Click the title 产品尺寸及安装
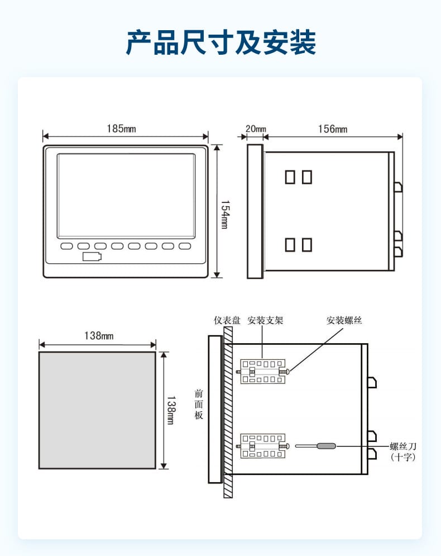coord(220,42)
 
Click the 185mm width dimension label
coord(121,129)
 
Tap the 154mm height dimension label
coord(225,215)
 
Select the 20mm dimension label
coord(256,129)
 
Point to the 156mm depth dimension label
coord(333,129)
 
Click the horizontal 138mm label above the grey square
coord(99,335)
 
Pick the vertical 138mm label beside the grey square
coord(171,410)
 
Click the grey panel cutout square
coord(97,410)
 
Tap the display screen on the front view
coord(126,196)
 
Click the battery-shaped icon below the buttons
coord(92,256)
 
